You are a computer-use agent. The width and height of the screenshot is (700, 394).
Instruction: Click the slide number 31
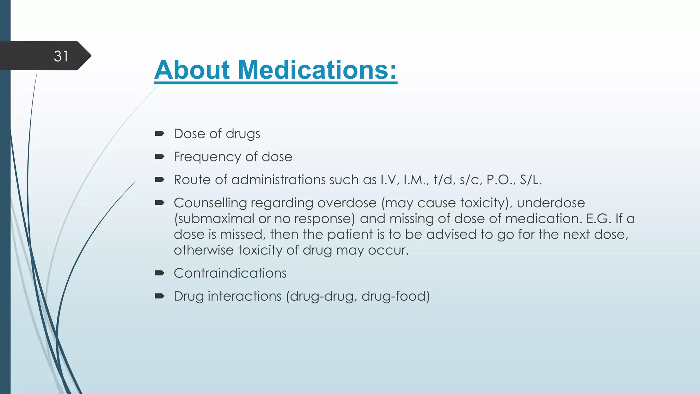pos(61,56)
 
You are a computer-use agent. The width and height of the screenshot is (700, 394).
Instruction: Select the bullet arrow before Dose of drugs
pos(159,133)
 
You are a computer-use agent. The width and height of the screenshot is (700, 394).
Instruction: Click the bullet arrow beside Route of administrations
pos(159,179)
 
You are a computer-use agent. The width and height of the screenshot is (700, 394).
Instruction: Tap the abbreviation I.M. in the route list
pos(416,180)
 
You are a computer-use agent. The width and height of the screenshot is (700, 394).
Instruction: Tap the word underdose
pos(551,203)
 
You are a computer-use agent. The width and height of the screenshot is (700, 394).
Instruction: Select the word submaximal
pos(214,219)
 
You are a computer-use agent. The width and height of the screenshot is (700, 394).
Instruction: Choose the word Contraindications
pos(230,273)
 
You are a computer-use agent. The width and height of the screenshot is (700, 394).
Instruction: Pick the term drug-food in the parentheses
pos(393,296)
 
